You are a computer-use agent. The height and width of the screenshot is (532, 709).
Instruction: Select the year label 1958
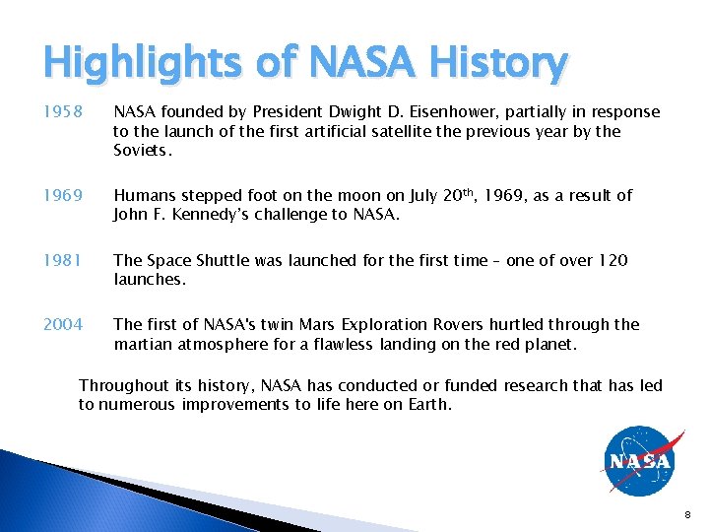(62, 112)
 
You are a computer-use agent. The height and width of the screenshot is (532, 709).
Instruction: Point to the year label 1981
(62, 260)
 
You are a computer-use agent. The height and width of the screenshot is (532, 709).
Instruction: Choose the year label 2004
(63, 324)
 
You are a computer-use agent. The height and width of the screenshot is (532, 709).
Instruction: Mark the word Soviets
(142, 151)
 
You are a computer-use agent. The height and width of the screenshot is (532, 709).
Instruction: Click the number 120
(613, 260)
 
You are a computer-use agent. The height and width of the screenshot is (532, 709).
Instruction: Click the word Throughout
(123, 385)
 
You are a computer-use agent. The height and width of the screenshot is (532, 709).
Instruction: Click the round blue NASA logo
(639, 461)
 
